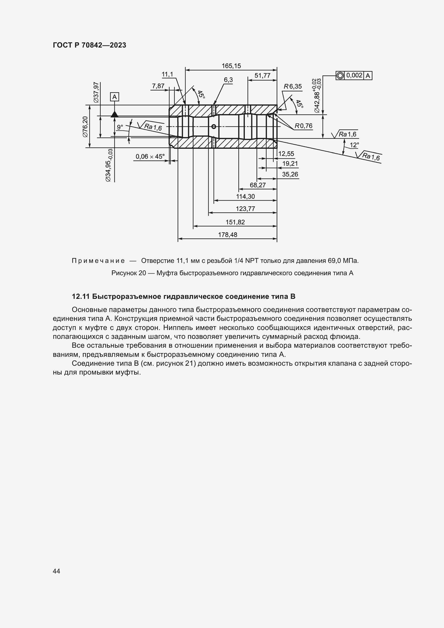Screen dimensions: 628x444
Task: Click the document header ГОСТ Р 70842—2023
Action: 89,45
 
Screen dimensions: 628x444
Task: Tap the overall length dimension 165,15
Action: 231,66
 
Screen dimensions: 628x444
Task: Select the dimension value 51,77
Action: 262,75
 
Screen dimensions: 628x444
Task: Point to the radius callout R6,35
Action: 293,86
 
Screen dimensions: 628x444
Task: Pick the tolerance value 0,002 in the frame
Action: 354,75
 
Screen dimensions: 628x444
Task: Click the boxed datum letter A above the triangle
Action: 115,97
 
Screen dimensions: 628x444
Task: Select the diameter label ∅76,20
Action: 85,127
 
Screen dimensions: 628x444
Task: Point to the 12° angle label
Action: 354,145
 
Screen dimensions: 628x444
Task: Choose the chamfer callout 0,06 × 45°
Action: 150,157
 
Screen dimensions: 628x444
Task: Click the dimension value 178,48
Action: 227,235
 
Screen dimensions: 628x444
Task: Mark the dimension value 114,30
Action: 245,196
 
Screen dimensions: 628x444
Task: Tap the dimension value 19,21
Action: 290,164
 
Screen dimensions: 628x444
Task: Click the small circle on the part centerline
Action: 214,126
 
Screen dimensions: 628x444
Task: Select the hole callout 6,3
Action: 228,80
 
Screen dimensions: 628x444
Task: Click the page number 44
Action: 56,571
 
